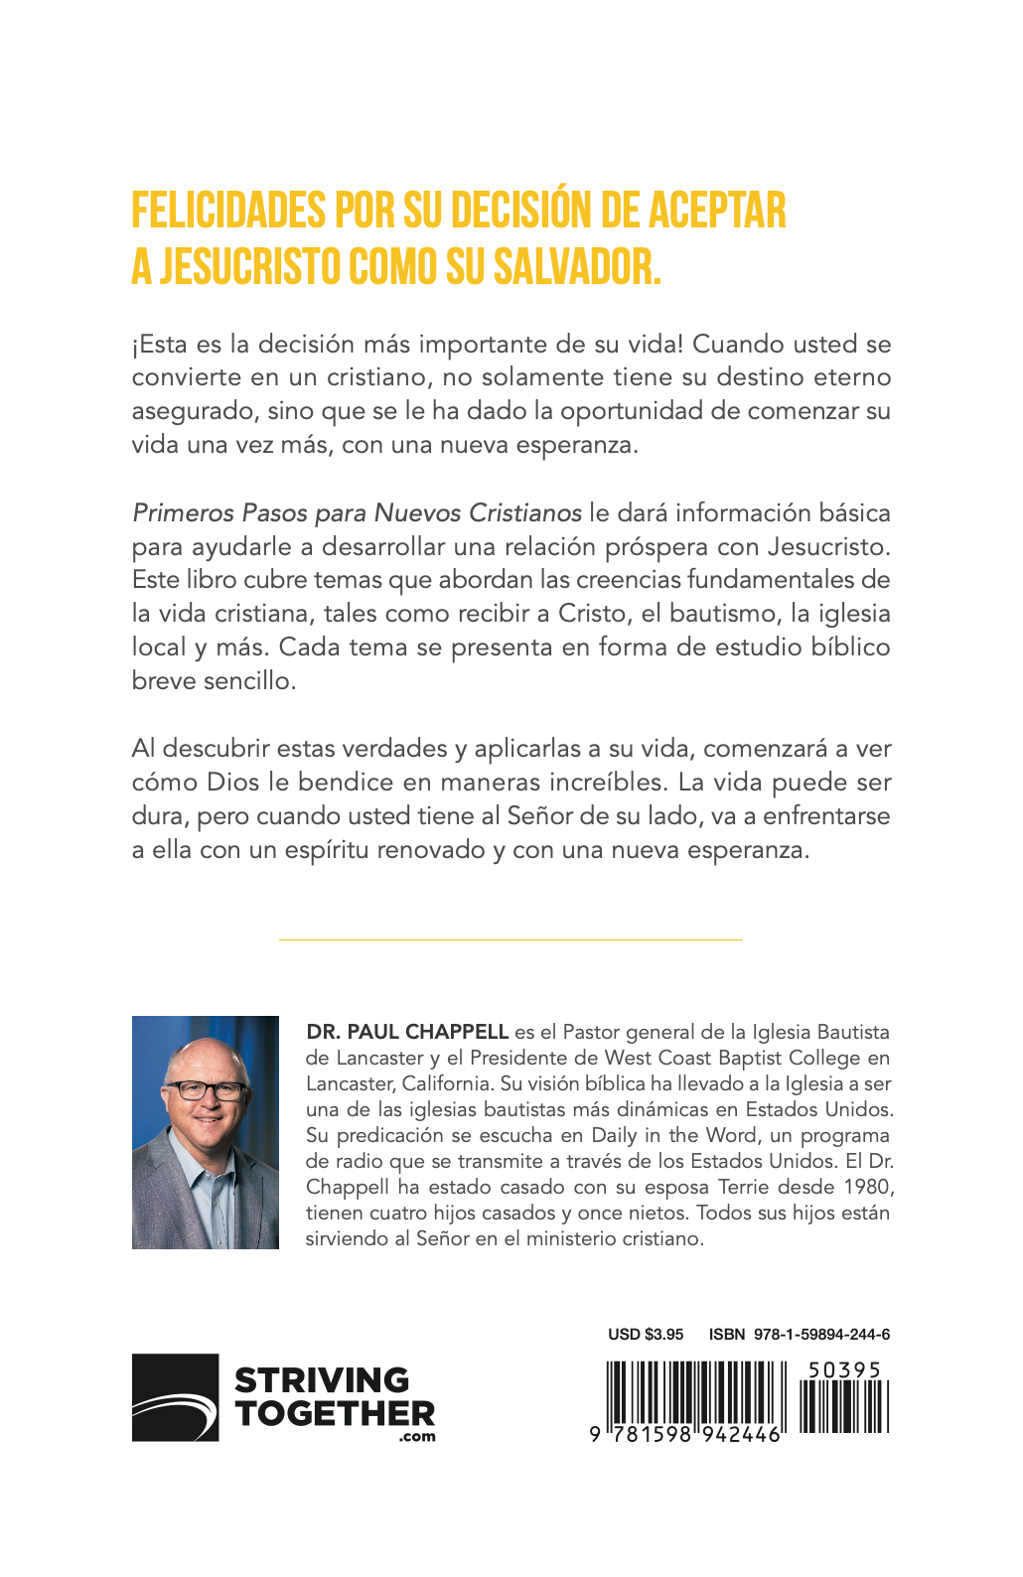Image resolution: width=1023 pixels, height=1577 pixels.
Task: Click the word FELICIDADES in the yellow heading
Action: [x=228, y=211]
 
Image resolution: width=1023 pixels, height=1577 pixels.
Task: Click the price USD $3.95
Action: [x=646, y=1334]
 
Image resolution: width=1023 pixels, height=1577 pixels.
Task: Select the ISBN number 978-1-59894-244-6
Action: [x=821, y=1334]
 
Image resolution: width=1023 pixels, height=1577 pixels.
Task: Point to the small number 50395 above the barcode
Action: [x=844, y=1370]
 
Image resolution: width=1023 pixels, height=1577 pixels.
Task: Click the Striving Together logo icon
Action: [x=175, y=1397]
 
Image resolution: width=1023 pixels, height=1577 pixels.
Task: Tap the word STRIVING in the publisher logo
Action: [x=322, y=1380]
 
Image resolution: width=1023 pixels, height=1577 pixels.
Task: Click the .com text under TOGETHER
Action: [x=417, y=1436]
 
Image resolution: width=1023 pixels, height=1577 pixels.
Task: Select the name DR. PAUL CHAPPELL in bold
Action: [x=407, y=1032]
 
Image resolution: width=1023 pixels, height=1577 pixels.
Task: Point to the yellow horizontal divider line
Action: [x=511, y=938]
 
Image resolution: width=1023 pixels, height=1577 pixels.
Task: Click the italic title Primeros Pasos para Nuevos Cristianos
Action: [x=357, y=512]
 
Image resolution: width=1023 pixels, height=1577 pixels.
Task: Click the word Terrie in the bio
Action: [x=744, y=1187]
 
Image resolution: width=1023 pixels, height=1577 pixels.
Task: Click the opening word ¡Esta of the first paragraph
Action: [x=161, y=345]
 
